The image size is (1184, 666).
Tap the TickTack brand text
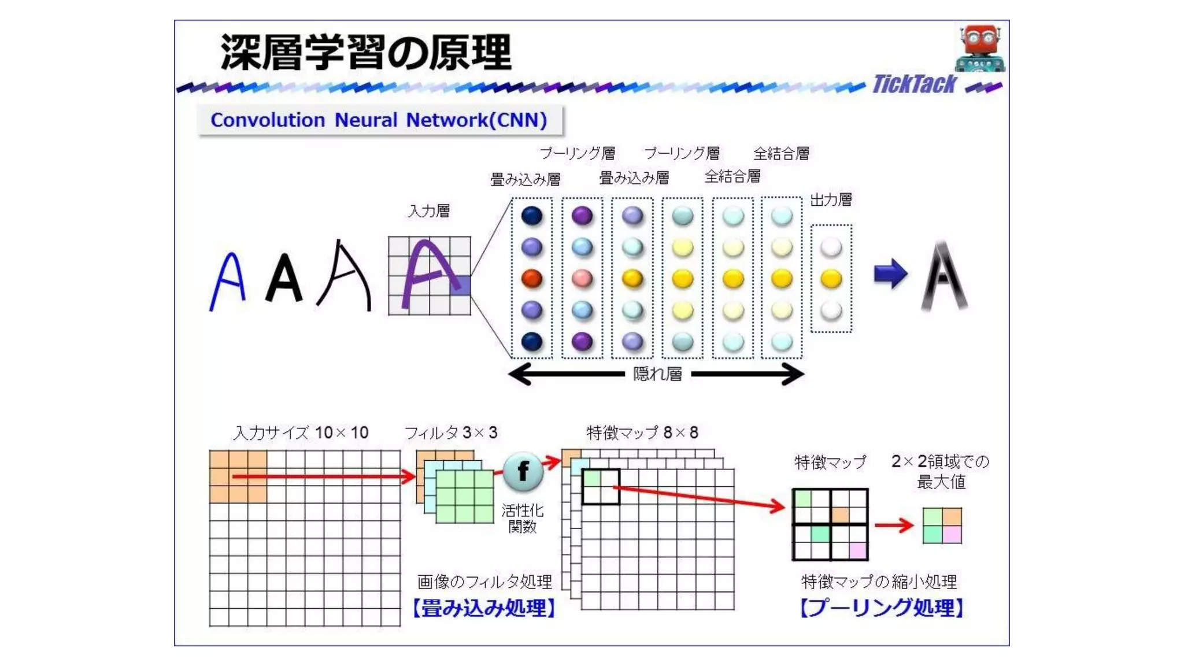(914, 84)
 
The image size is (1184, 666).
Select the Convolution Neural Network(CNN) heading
(379, 120)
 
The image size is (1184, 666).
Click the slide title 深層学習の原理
(365, 53)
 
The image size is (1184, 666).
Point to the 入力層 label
(429, 211)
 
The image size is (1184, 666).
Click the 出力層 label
(831, 200)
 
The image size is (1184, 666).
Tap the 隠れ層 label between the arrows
(657, 374)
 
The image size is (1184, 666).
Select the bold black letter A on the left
(284, 279)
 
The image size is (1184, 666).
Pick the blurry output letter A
(944, 276)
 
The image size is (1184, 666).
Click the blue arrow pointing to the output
(890, 273)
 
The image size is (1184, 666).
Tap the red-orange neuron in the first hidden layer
(532, 279)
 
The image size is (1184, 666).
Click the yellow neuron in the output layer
(831, 279)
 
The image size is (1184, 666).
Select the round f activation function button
(523, 471)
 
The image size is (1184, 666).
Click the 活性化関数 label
(523, 519)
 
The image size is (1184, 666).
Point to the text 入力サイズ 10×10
(301, 432)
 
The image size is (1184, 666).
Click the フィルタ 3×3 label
(451, 432)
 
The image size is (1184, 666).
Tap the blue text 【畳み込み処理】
(484, 608)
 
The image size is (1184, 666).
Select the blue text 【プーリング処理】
(882, 608)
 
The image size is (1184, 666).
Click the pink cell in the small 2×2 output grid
(952, 534)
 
